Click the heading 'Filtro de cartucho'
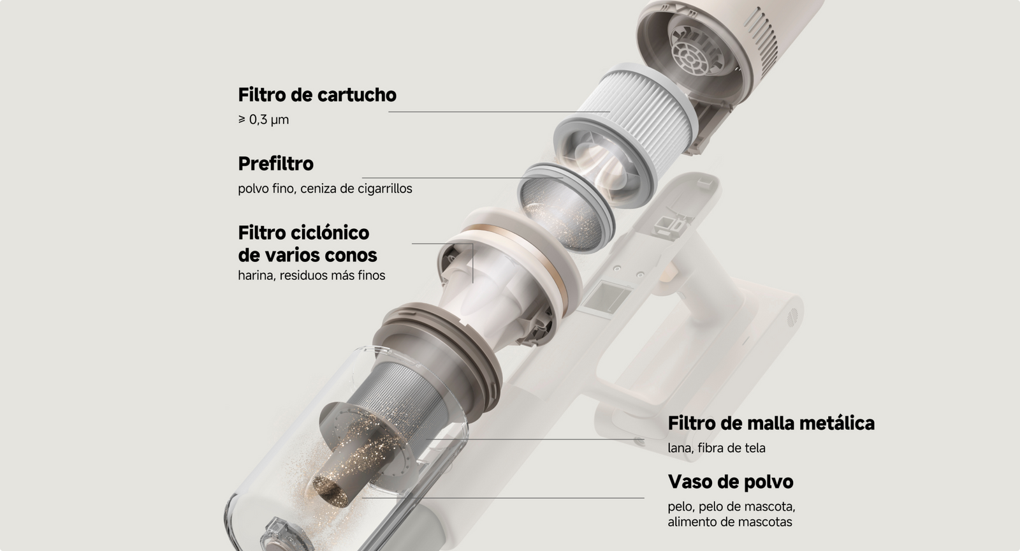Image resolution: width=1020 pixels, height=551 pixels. click(317, 95)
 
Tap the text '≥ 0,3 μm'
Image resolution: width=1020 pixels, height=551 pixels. click(263, 120)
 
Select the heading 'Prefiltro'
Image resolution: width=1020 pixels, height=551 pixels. click(275, 164)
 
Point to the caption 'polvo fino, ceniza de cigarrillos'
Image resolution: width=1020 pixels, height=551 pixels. click(324, 189)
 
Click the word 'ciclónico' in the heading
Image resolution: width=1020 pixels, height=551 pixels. click(330, 233)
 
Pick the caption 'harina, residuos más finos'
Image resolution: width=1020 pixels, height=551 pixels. click(312, 275)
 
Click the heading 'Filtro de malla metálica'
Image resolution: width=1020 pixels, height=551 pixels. click(771, 423)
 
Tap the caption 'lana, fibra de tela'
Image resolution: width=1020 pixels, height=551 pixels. click(717, 448)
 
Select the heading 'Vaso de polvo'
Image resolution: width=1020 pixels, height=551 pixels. click(731, 481)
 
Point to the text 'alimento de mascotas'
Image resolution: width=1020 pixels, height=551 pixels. click(730, 522)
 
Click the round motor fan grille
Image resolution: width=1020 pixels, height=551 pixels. click(693, 59)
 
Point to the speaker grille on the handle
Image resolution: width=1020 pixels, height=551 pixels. click(792, 317)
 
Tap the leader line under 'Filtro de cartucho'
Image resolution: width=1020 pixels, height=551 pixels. click(499, 112)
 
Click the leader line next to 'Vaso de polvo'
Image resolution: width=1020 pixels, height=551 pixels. click(503, 497)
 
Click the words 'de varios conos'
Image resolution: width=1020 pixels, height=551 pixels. click(307, 256)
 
